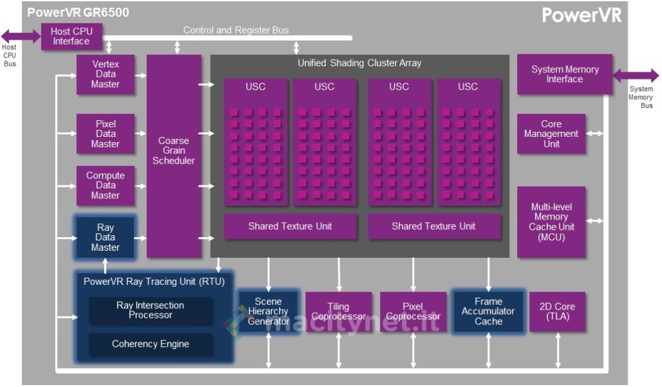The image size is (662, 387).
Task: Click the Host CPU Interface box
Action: coord(71,37)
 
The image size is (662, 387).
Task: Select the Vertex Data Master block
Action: coord(105,74)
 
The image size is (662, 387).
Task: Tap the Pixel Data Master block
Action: coord(105,134)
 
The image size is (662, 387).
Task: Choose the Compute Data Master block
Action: coord(105,185)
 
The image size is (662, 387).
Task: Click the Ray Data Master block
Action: coord(105,237)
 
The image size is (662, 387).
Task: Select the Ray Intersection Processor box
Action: coord(150,311)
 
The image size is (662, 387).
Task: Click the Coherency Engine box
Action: coord(150,344)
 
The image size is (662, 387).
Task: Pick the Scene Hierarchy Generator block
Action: coord(268,311)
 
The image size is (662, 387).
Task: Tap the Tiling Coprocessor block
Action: coord(338,312)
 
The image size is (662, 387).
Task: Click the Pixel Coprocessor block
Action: coord(413,312)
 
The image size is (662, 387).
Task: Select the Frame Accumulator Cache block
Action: coord(488,311)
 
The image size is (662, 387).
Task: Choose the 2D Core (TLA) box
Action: coord(557,312)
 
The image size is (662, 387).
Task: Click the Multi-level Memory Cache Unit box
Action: coord(551,222)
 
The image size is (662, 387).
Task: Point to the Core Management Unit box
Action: coord(551,134)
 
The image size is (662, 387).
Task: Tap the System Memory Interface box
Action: coord(564,74)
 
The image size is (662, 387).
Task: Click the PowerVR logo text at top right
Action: coord(581,16)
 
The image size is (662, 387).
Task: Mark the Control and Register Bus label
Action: coord(236,30)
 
